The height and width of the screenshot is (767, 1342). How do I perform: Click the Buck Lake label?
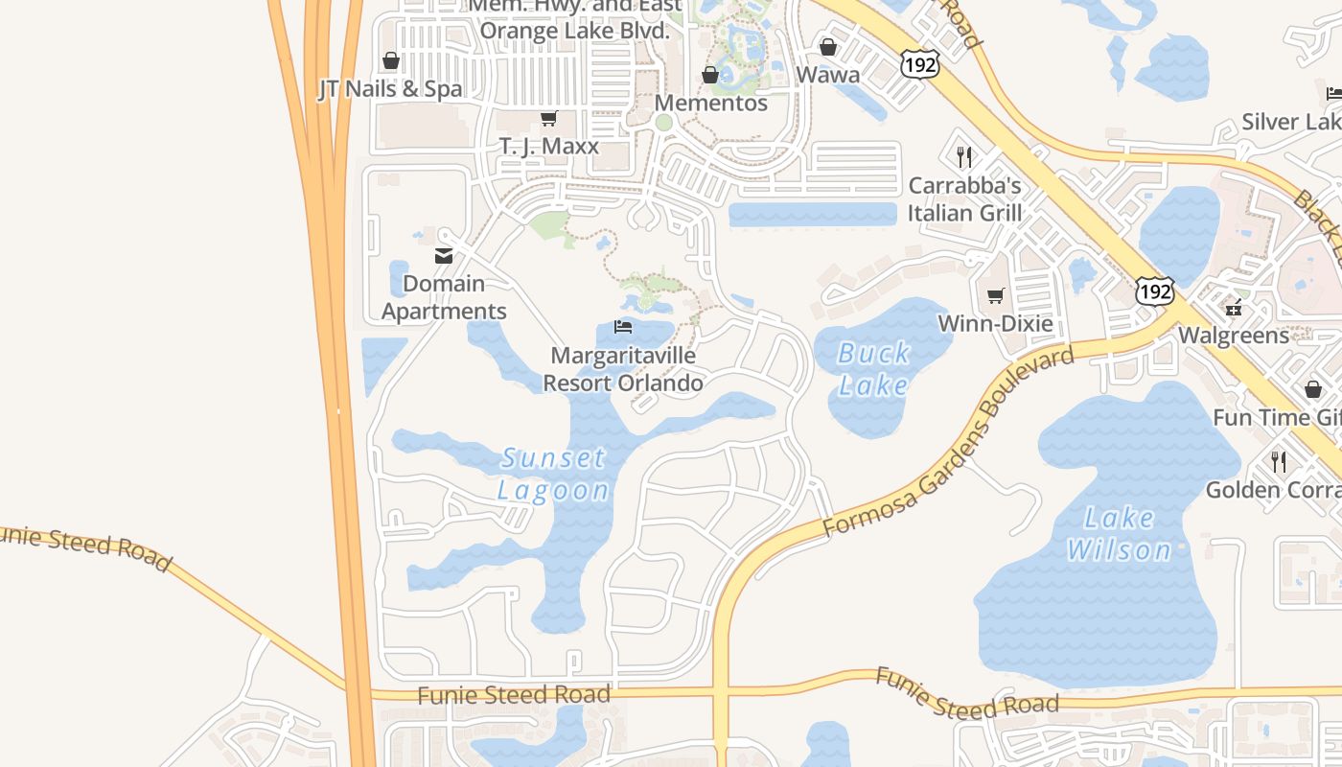873,369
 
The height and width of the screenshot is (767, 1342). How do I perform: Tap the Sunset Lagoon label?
553,474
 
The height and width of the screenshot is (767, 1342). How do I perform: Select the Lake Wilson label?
1119,534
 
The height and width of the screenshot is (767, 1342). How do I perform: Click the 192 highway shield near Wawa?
919,64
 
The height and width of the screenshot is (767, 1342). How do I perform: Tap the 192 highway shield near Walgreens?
1154,291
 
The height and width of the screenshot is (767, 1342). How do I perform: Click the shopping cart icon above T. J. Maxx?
548,119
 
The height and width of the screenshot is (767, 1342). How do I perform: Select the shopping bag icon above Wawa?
828,47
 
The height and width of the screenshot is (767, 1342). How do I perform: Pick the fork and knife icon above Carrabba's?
964,156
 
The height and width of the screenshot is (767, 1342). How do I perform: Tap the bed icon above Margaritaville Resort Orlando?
623,327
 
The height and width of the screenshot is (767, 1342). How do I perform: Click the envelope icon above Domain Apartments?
444,256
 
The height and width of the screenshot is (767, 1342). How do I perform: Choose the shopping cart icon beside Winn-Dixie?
996,295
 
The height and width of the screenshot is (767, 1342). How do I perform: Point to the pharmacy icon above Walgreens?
1233,309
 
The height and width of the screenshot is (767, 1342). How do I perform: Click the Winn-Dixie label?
995,323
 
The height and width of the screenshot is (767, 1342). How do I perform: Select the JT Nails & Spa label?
390,89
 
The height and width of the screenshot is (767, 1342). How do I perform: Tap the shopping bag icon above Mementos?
710,75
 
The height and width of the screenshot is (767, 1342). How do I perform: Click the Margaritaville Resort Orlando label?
623,369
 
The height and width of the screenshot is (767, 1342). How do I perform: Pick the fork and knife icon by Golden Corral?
1279,461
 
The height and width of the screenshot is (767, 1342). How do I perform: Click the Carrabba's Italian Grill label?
964,199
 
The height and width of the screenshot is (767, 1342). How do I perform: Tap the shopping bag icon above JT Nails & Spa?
390,61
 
